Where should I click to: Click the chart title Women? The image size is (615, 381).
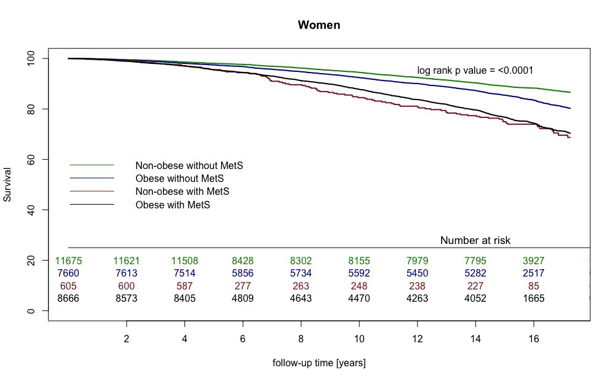pos(319,25)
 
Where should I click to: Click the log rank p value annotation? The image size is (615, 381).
pos(475,71)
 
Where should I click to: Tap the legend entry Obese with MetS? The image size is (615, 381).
pos(173,205)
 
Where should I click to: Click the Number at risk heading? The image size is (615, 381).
pos(475,240)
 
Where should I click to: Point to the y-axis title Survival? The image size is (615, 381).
pos(8,184)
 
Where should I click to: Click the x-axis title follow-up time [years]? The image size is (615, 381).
pos(319,363)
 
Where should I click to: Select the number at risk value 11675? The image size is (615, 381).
pos(69,261)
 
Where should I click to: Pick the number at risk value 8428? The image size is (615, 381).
pos(243,261)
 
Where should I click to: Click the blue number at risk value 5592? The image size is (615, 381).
pos(359,273)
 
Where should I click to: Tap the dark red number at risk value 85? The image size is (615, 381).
pos(533,286)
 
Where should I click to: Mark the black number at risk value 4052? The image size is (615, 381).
pos(475,299)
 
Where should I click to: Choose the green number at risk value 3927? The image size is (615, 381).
pos(533,261)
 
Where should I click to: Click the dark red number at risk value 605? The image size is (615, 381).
pos(69,286)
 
